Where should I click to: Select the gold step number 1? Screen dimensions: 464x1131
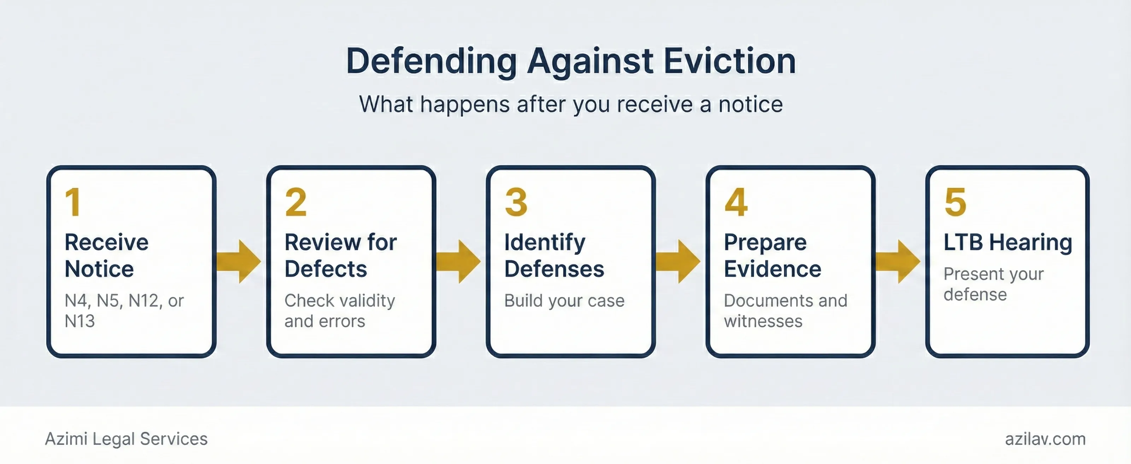[x=73, y=203]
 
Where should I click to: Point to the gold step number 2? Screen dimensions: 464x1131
[x=295, y=203]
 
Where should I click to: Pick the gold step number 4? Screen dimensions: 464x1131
[x=736, y=203]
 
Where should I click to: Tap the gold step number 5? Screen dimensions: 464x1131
[x=955, y=203]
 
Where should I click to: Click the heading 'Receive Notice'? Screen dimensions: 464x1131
[x=106, y=255]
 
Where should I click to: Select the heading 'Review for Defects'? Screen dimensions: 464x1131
[x=340, y=255]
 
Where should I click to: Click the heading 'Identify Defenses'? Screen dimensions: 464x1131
[x=554, y=255]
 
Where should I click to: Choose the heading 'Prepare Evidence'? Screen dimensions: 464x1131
[x=772, y=255]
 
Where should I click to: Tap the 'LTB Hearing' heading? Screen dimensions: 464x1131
[x=1008, y=242]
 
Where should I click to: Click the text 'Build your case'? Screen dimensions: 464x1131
[x=564, y=301]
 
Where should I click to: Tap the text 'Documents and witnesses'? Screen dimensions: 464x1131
[x=785, y=311]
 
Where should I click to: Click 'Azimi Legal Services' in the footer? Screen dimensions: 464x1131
[x=126, y=439]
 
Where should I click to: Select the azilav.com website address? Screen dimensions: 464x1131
[x=1045, y=439]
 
